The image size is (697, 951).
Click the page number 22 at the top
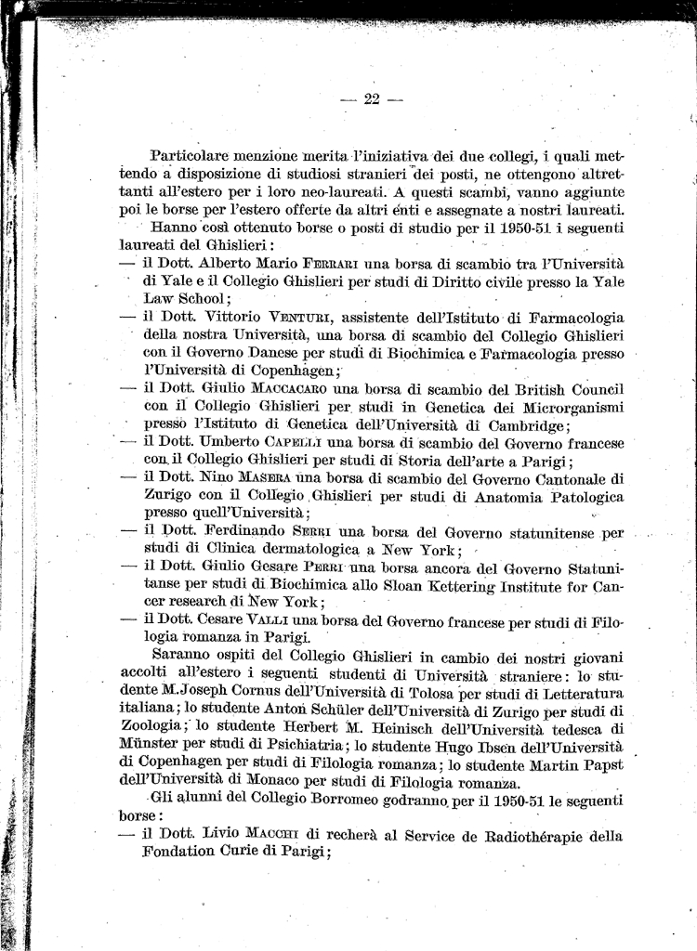click(x=372, y=100)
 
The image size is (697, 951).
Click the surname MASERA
click(x=265, y=477)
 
